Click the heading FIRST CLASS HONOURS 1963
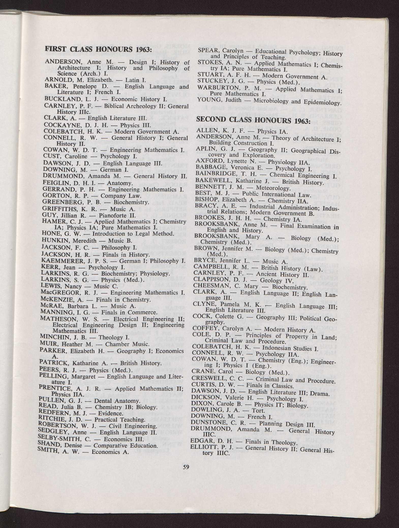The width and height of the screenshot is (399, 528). pyautogui.click(x=98, y=49)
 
